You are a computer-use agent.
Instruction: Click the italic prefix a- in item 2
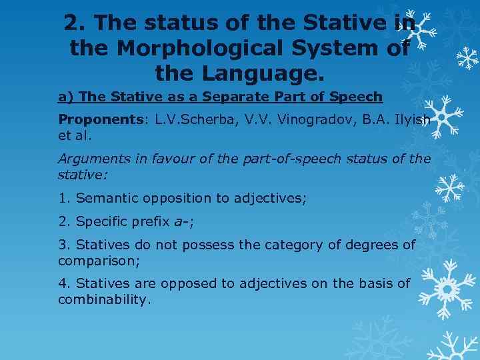(178, 222)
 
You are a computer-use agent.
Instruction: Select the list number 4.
(65, 283)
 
